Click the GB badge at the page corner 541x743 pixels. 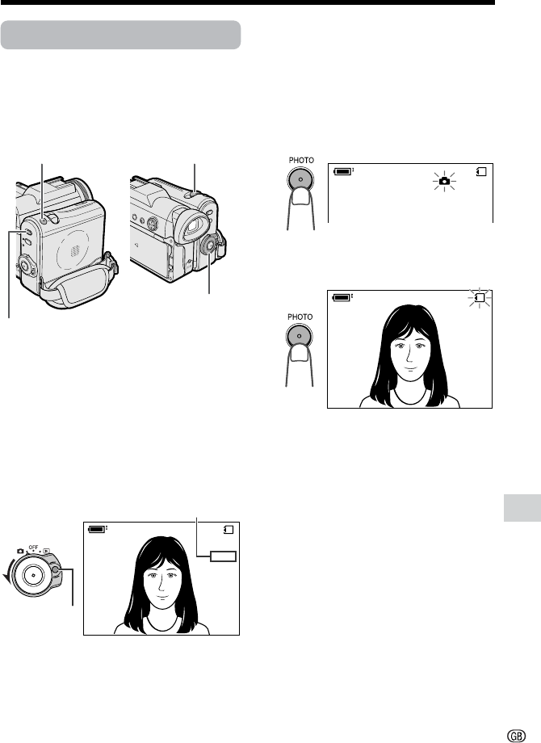tap(516, 736)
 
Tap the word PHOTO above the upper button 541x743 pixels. tap(301, 160)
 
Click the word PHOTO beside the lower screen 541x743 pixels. tap(300, 317)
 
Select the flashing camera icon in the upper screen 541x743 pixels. tap(444, 181)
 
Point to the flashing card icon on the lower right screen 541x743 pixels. tap(480, 297)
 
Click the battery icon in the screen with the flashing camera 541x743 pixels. tap(343, 171)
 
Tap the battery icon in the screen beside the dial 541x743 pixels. tap(98, 529)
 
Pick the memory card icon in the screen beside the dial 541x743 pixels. tap(229, 530)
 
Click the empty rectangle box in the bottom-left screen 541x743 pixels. tap(224, 556)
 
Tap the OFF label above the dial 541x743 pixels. tap(33, 548)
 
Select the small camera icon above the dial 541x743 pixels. tap(20, 551)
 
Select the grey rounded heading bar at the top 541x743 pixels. tap(121, 35)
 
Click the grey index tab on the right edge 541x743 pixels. tap(522, 507)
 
